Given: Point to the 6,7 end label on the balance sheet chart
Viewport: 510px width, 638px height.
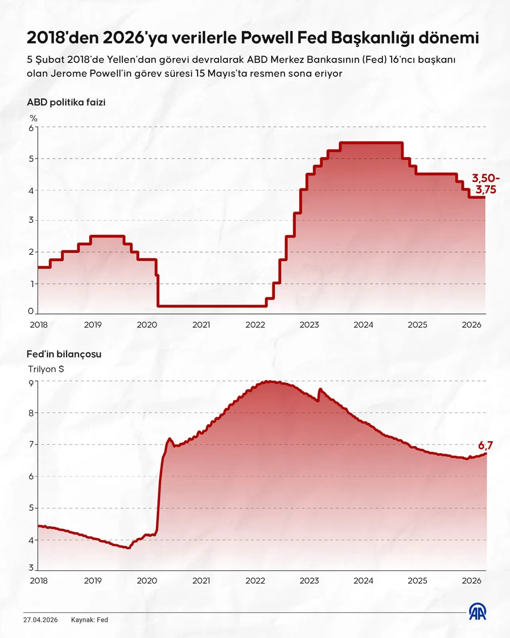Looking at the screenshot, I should click(485, 445).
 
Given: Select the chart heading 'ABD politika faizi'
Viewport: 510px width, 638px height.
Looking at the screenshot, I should click(66, 102).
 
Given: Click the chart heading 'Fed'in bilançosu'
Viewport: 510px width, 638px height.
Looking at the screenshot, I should click(64, 354).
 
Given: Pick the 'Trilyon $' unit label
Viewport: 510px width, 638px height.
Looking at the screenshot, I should click(46, 369).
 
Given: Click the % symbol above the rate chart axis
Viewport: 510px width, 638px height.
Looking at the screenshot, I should click(33, 118).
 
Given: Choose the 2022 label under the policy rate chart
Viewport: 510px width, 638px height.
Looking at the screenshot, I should click(255, 325).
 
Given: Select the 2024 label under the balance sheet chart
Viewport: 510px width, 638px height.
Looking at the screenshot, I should click(363, 581).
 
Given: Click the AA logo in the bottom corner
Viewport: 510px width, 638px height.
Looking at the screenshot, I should click(477, 612).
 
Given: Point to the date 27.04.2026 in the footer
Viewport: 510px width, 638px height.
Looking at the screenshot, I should click(40, 620).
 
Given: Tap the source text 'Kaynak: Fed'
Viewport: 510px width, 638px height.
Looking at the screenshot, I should click(90, 620).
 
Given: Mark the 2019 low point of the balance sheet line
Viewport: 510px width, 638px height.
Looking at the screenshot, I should click(128, 548).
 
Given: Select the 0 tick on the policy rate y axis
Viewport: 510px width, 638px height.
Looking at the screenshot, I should click(31, 311).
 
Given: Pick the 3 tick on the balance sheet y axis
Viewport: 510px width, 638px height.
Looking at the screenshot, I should click(31, 568).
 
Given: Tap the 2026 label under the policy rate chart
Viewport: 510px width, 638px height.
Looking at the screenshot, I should click(471, 325).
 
